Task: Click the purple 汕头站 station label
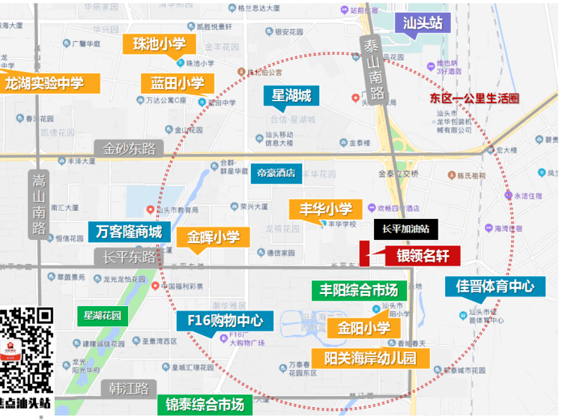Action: click(423, 21)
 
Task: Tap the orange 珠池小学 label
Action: click(159, 43)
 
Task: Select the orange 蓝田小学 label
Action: click(177, 83)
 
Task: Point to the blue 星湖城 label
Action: click(291, 96)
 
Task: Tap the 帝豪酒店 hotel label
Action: click(275, 172)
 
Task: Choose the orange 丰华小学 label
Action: click(326, 208)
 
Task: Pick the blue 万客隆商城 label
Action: click(129, 232)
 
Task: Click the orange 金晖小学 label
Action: click(213, 238)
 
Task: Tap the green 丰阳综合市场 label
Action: click(359, 289)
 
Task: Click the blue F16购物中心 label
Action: click(225, 321)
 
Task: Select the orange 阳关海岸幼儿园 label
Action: click(370, 358)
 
